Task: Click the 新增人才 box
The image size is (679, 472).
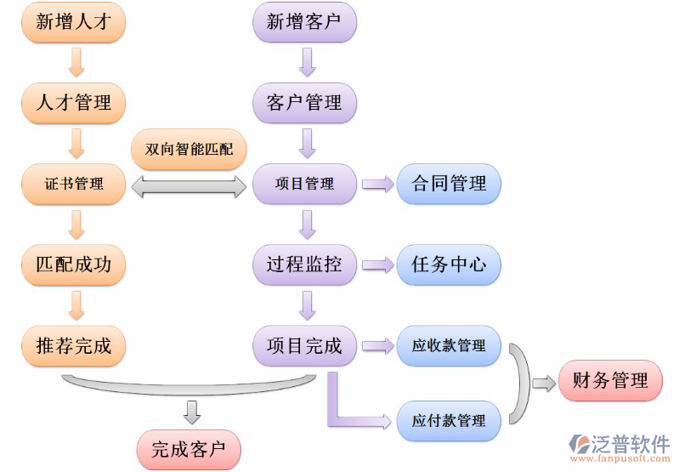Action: point(74,22)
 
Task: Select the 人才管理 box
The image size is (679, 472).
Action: point(74,103)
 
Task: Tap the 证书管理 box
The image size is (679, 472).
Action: point(74,184)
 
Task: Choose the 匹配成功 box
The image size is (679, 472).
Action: point(74,264)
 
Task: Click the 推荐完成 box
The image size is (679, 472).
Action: point(74,346)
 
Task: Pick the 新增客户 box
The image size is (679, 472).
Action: point(304,22)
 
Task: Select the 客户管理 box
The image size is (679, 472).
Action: point(304,103)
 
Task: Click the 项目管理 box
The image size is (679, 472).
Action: point(304,184)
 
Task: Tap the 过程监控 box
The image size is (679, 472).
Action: point(304,264)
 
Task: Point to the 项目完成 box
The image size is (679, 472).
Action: point(304,346)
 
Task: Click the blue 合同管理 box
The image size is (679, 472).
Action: point(449,184)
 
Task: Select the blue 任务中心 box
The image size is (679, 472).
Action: point(449,264)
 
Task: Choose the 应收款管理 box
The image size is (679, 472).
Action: point(449,346)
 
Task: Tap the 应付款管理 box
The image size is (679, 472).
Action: point(449,420)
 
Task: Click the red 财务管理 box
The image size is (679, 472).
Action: point(610,381)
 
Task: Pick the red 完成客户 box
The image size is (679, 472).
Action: point(189,449)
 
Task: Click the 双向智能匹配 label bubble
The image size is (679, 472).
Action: point(190,150)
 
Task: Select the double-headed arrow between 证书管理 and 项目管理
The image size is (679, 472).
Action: point(189,185)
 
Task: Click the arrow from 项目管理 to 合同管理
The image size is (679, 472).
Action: point(377,184)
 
